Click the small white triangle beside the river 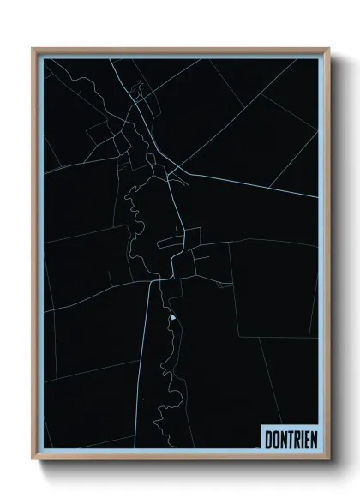click(172, 318)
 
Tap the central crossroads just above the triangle click(159, 279)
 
